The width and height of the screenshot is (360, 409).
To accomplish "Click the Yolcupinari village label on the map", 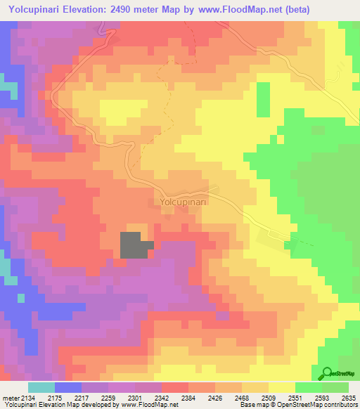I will [183, 202].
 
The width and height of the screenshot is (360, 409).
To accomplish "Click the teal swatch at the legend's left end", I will [41, 387].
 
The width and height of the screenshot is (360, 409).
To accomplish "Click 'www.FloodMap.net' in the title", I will [232, 9].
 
